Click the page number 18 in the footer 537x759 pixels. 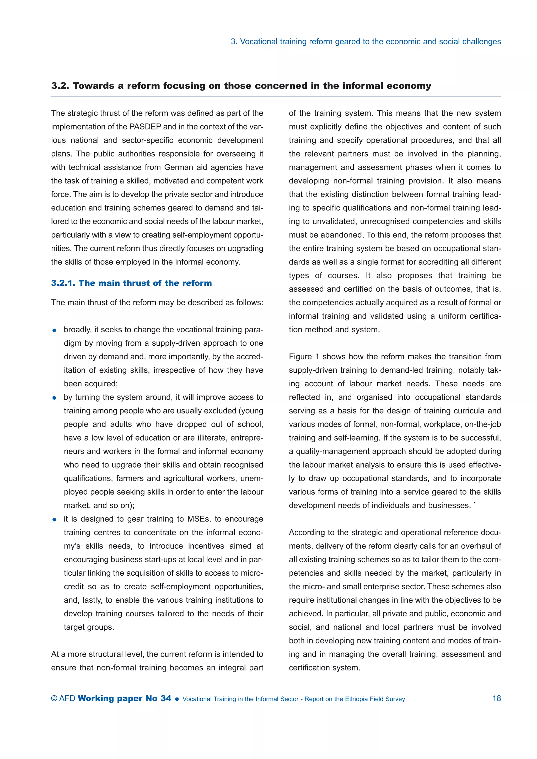[496, 698]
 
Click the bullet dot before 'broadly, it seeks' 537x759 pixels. [55, 330]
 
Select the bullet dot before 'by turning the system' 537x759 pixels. [55, 398]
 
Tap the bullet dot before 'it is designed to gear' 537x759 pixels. [55, 519]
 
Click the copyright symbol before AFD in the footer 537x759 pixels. [54, 698]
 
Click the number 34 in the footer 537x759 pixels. [166, 698]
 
